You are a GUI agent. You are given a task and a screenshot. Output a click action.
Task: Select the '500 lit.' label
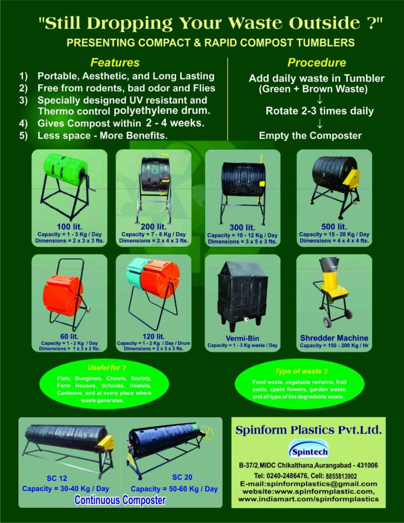click(334, 227)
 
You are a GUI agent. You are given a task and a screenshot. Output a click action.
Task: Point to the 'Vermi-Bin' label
click(242, 338)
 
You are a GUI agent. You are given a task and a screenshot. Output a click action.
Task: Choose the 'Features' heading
click(115, 62)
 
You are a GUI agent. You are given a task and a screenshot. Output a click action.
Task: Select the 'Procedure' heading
click(317, 62)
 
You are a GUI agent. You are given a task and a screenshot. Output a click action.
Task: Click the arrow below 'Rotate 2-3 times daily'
click(319, 124)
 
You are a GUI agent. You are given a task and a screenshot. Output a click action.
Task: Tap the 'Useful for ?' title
click(107, 368)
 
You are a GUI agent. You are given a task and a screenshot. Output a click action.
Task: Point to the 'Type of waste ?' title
click(301, 371)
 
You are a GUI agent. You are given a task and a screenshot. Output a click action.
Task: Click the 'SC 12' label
click(57, 479)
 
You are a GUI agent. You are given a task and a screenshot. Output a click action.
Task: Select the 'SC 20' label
click(182, 477)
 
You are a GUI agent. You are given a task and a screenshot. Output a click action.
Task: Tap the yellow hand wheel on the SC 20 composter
click(206, 433)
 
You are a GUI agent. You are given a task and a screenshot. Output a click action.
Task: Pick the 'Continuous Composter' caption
click(120, 500)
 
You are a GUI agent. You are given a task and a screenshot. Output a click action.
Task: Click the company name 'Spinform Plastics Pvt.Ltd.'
click(308, 430)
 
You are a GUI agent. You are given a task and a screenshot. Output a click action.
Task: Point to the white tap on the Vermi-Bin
click(246, 318)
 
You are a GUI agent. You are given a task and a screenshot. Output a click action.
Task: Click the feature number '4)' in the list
click(24, 123)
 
